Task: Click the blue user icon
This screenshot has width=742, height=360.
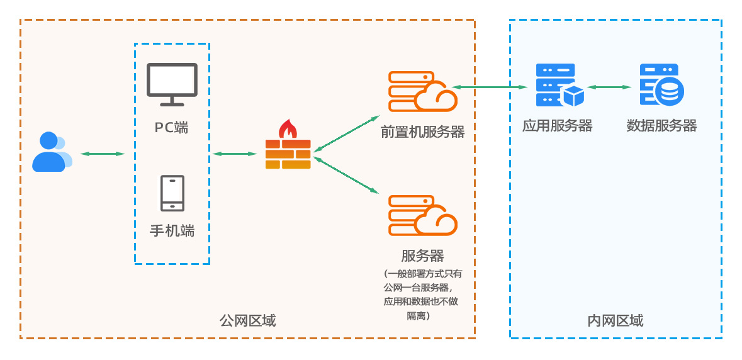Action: click(51, 152)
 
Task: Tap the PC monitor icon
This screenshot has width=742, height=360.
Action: click(172, 84)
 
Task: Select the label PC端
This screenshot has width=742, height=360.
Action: click(172, 127)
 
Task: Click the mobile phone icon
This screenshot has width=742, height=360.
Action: click(172, 193)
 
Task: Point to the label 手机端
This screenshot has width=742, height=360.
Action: click(172, 231)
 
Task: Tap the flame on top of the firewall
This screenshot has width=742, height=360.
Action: click(288, 128)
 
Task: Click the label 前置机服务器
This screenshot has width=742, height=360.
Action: click(422, 132)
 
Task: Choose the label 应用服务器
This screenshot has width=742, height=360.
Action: click(558, 126)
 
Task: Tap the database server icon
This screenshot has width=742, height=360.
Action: click(661, 85)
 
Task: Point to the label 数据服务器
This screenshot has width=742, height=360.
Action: click(661, 126)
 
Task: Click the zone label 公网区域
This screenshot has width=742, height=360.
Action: click(247, 321)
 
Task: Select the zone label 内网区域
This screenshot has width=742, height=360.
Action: click(615, 321)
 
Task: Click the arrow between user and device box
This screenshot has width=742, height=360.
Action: click(102, 154)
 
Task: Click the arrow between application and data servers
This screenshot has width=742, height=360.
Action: click(609, 87)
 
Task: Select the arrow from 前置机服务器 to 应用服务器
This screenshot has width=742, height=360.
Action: click(489, 87)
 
